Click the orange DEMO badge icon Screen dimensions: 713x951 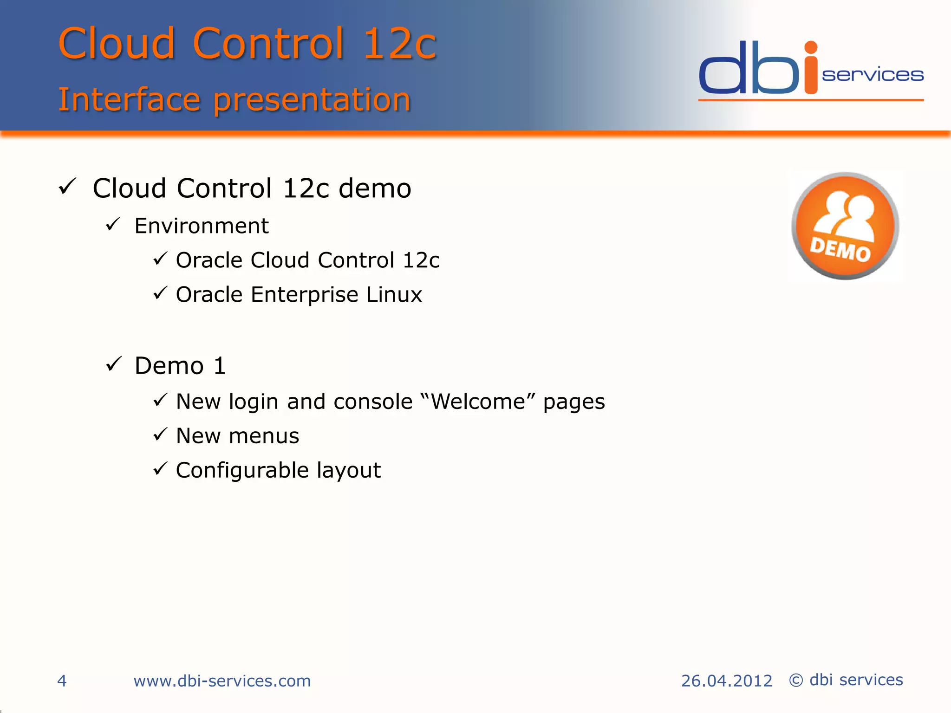click(845, 226)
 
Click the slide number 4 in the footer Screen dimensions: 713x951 click(62, 681)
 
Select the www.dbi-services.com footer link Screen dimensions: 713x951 click(222, 681)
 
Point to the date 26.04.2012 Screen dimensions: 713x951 click(726, 681)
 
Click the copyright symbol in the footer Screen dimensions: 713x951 click(796, 681)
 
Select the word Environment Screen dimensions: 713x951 click(202, 226)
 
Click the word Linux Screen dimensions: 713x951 click(394, 295)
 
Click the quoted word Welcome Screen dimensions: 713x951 click(478, 402)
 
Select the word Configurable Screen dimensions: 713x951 click(242, 471)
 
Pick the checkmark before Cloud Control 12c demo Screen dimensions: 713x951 click(68, 187)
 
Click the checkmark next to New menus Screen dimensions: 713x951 click(160, 434)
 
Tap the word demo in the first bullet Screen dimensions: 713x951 click(375, 188)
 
